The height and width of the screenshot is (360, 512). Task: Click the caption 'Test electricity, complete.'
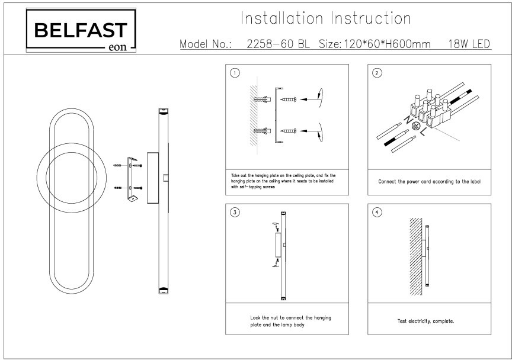tap(425, 321)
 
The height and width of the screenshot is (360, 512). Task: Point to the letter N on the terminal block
tap(408, 121)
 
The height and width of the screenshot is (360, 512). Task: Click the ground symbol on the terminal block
tap(416, 126)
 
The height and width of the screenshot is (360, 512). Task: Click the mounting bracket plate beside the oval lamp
tap(133, 178)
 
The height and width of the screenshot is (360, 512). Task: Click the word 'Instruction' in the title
tap(372, 19)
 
